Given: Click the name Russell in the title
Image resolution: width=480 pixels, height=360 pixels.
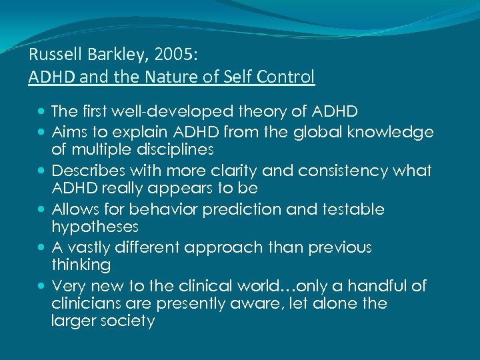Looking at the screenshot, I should (x=51, y=55).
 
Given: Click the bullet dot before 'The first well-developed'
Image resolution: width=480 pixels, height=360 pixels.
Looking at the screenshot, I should (x=43, y=111).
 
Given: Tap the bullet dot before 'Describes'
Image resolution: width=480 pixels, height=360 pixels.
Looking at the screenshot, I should (x=43, y=171).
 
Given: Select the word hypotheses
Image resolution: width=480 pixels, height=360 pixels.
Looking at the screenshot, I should (x=95, y=227).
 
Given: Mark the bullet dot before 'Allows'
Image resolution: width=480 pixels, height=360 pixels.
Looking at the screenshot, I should (x=43, y=210).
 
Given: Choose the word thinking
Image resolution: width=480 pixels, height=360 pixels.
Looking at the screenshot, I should (x=81, y=265).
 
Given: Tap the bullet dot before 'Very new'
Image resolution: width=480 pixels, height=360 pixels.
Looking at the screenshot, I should (x=43, y=287).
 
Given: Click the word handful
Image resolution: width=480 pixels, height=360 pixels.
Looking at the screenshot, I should (x=372, y=286).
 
